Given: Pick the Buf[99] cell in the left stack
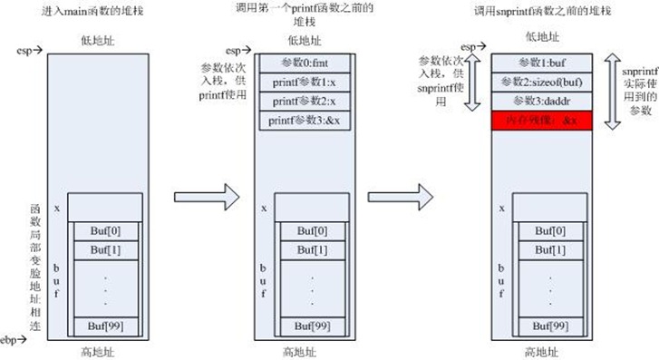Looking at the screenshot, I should click(x=105, y=324).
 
